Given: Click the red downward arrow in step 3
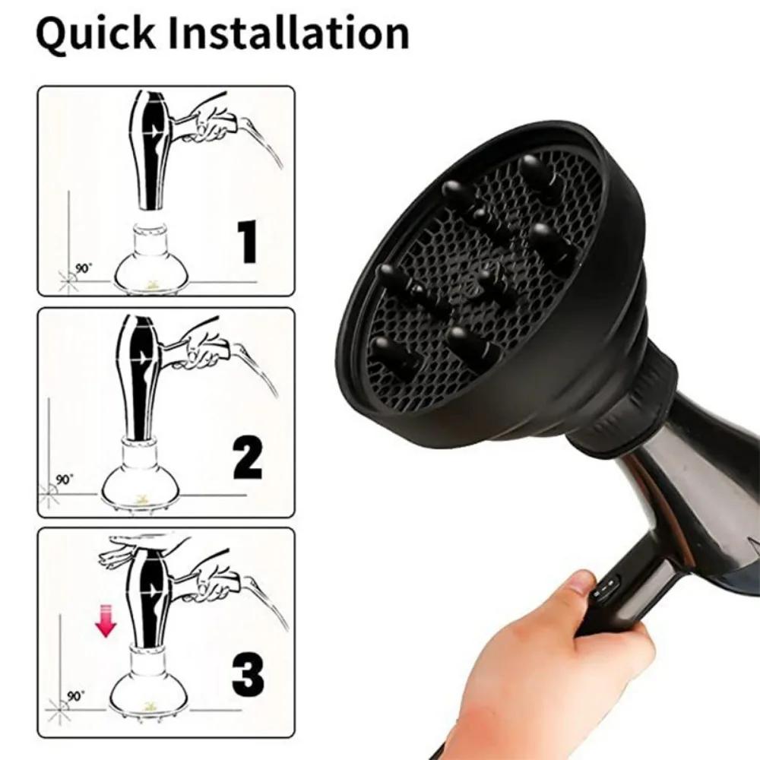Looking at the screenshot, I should [x=104, y=621].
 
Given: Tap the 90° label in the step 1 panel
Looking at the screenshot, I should [x=81, y=268].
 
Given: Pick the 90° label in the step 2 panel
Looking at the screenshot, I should [x=65, y=480].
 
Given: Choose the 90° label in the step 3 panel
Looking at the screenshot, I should [x=74, y=695].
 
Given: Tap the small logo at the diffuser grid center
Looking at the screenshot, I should [x=487, y=278].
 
